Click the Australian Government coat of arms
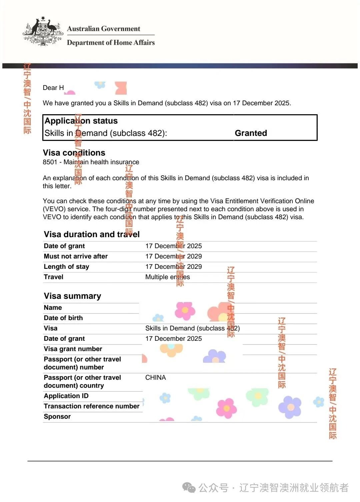[x=43, y=32]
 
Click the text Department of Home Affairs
[x=111, y=43]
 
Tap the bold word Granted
[x=251, y=133]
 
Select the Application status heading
[x=81, y=121]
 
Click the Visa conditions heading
[x=74, y=153]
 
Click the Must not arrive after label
[x=76, y=256]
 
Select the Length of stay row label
[x=66, y=267]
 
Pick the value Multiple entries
[x=167, y=277]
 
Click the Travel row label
[x=53, y=277]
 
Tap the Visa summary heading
[x=72, y=296]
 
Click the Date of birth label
[x=63, y=318]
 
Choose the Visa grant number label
[x=73, y=349]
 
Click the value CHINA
[x=155, y=378]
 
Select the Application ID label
[x=66, y=396]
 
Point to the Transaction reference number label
[x=92, y=406]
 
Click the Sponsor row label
[x=57, y=417]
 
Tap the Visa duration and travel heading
[x=92, y=235]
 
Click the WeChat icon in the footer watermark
[x=189, y=488]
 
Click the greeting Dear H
[x=53, y=88]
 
